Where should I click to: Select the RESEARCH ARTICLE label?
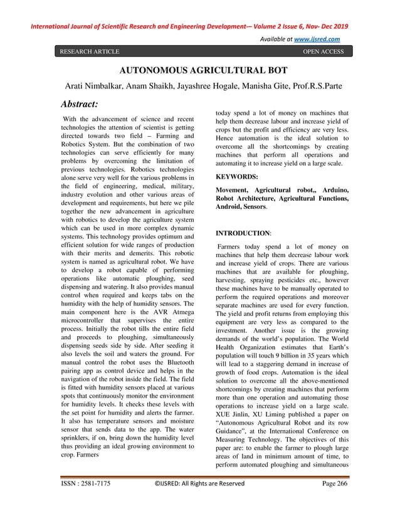pyautogui.click(x=90, y=51)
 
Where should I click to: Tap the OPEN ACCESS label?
pyautogui.click(x=323, y=51)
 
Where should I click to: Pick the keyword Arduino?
pyautogui.click(x=332, y=189)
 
